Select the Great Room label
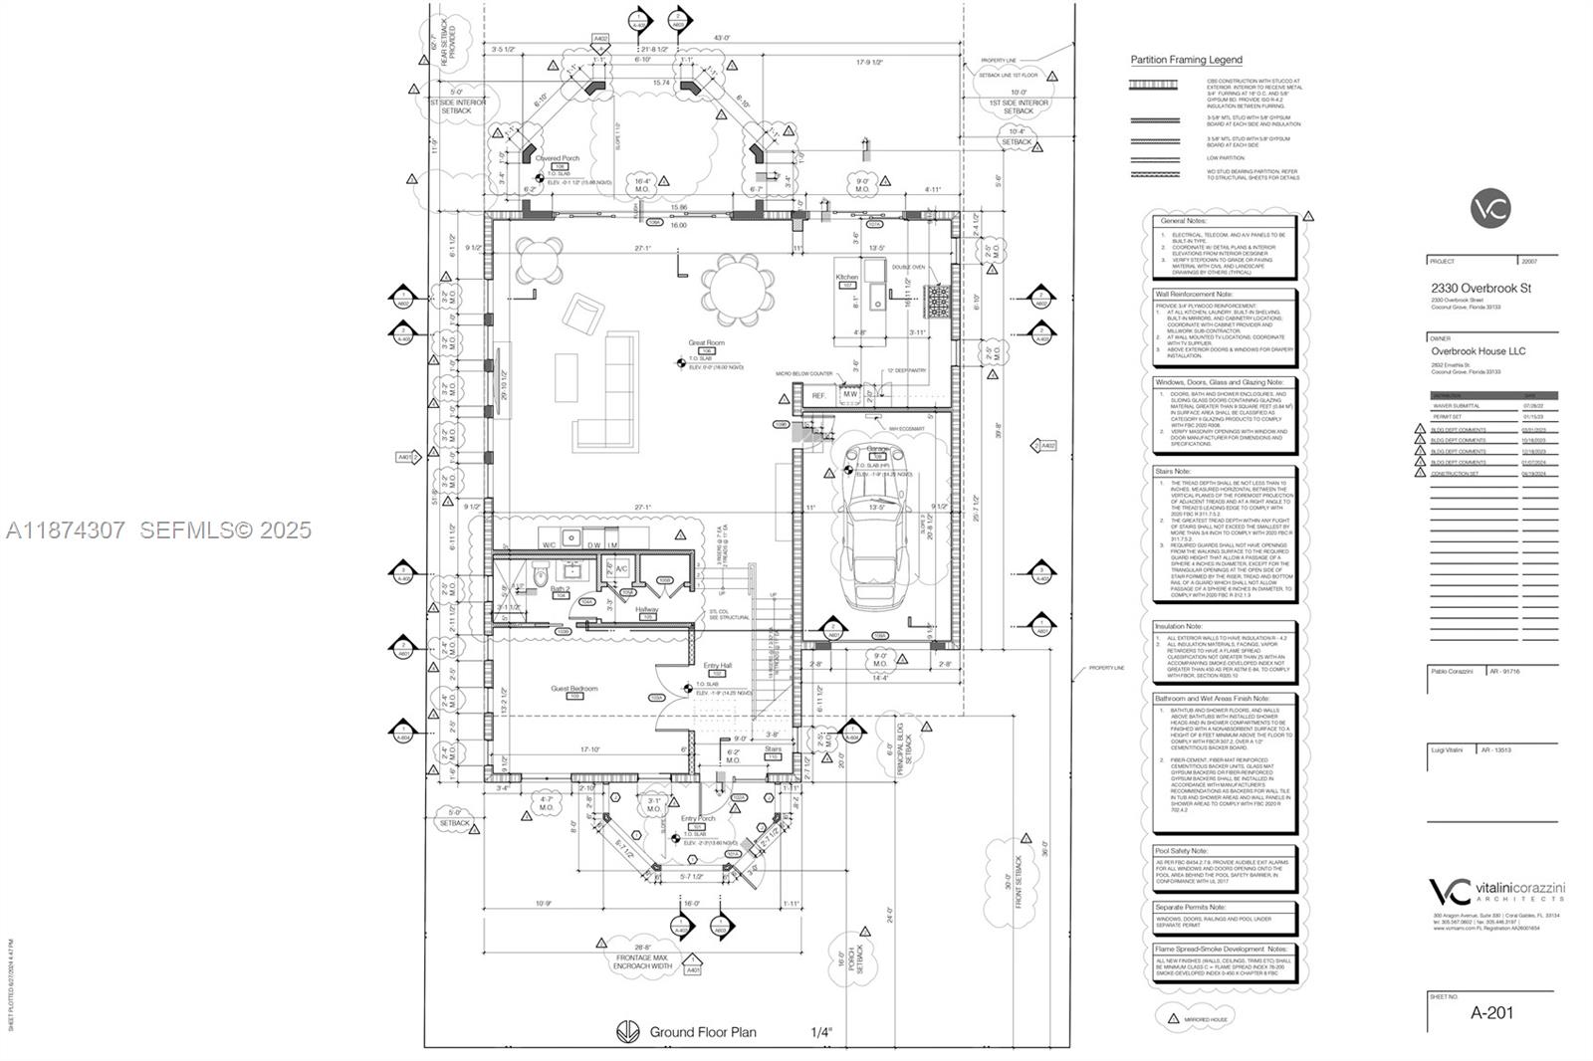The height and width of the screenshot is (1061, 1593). (706, 343)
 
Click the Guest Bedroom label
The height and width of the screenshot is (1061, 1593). (574, 689)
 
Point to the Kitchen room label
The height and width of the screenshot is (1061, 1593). (846, 278)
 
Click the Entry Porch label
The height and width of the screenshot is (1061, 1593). (697, 818)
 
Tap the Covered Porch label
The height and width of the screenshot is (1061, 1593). (557, 158)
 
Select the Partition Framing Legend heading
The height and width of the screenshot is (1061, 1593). (1186, 60)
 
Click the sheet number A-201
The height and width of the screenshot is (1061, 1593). (1491, 1013)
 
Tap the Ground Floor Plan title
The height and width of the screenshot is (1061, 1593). (702, 1032)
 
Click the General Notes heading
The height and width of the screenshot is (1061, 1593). (1182, 221)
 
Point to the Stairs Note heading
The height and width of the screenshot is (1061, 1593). (1173, 471)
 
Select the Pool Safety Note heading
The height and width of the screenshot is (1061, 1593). (1181, 851)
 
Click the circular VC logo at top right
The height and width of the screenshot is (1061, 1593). (1490, 208)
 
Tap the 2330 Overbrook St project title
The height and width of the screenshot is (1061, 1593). (1480, 289)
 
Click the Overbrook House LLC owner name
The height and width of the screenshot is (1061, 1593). (1478, 351)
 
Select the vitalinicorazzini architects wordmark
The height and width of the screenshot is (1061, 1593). (1493, 889)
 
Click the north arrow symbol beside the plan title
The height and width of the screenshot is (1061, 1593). (626, 1032)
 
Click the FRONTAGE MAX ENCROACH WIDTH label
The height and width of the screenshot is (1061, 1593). (644, 960)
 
